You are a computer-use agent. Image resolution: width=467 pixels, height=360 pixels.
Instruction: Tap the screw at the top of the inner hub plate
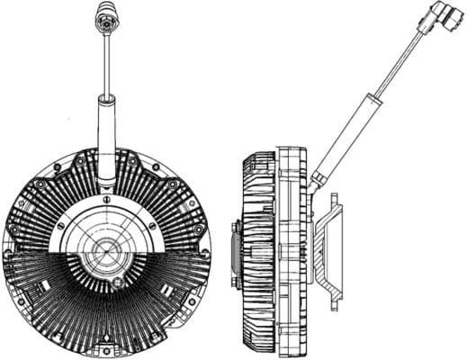107,205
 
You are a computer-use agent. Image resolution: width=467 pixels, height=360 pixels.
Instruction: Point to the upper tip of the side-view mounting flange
340,205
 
